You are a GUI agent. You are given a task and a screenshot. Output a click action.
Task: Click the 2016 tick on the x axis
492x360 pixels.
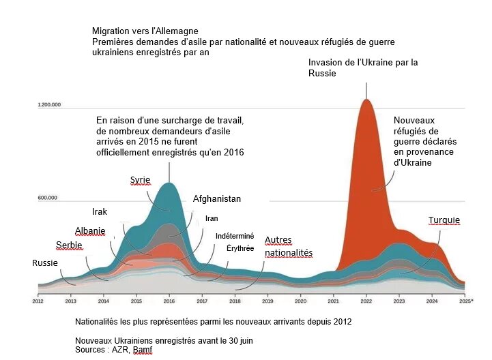click(169, 300)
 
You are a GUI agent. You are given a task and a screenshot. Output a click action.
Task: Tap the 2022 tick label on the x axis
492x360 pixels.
click(366, 300)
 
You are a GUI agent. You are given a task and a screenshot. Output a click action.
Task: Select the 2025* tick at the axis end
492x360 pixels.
click(466, 300)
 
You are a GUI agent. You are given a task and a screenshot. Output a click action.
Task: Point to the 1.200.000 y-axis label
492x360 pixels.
click(49, 105)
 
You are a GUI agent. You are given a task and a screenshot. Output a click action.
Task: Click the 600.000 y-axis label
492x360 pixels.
click(47, 198)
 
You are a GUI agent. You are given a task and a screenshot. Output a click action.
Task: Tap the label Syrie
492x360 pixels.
click(140, 180)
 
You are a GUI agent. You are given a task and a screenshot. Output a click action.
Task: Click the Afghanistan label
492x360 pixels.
click(217, 199)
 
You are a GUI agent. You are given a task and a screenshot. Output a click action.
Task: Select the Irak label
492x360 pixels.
click(99, 211)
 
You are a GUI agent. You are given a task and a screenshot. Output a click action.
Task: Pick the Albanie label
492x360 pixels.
click(90, 231)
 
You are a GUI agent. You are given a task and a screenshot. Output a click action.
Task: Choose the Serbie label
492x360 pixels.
click(69, 245)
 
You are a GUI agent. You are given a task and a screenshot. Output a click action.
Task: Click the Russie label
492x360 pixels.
click(45, 262)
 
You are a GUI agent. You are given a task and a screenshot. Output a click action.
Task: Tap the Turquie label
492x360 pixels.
click(444, 220)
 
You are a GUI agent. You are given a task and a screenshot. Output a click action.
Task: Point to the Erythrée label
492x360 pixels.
click(240, 248)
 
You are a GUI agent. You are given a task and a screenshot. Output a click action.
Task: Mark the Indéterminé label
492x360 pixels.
click(234, 235)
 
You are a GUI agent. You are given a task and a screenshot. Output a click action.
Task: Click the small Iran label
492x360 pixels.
click(212, 219)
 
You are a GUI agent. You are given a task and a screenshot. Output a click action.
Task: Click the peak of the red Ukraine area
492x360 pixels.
click(366, 100)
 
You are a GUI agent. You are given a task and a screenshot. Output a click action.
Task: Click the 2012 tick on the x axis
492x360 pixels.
click(38, 300)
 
